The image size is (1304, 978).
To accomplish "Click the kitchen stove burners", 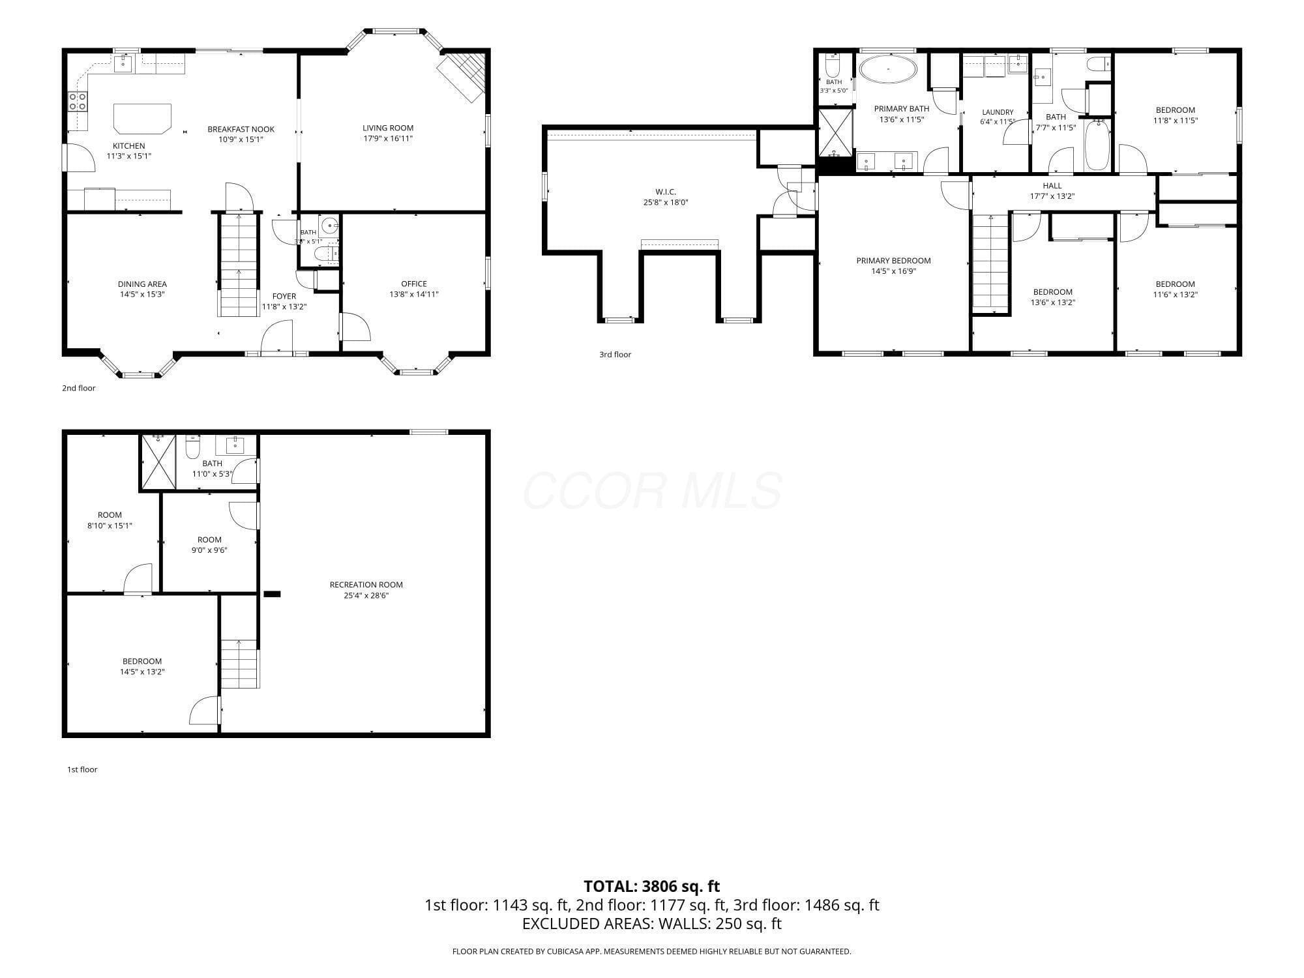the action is pyautogui.click(x=78, y=101).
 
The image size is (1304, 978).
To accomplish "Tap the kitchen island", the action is pyautogui.click(x=142, y=118).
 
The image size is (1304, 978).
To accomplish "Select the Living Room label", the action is pyautogui.click(x=388, y=128).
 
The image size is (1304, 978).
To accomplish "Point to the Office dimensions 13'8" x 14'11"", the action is pyautogui.click(x=414, y=294).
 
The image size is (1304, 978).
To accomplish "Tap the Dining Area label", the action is pyautogui.click(x=142, y=284).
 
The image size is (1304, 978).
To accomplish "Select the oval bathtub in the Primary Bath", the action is pyautogui.click(x=887, y=69).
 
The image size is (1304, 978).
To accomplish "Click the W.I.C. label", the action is pyautogui.click(x=666, y=192).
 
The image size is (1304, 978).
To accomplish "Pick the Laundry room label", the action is pyautogui.click(x=998, y=112).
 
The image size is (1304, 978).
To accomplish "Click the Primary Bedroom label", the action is pyautogui.click(x=893, y=261).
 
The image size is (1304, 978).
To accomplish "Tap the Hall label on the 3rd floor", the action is pyautogui.click(x=1052, y=186).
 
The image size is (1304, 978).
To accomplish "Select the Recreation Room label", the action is pyautogui.click(x=366, y=585).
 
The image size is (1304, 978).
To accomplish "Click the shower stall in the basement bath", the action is pyautogui.click(x=159, y=462).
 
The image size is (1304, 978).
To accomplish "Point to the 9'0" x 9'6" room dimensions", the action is pyautogui.click(x=209, y=550).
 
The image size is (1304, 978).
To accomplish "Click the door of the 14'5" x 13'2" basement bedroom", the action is pyautogui.click(x=205, y=711).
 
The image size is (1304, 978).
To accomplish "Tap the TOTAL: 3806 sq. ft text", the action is pyautogui.click(x=652, y=886).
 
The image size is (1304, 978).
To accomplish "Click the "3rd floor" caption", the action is pyautogui.click(x=615, y=355).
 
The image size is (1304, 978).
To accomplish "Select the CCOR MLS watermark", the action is pyautogui.click(x=652, y=490).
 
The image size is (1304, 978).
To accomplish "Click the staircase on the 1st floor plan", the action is pyautogui.click(x=240, y=664).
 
